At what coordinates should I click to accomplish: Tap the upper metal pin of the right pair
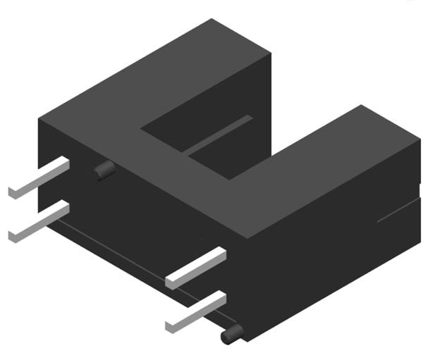[x=197, y=267]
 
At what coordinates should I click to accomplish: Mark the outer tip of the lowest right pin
[x=169, y=327]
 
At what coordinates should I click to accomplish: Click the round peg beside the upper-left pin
[x=105, y=169]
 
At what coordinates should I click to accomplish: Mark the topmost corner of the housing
[x=212, y=19]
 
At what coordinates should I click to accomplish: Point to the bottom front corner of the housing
[x=243, y=341]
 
